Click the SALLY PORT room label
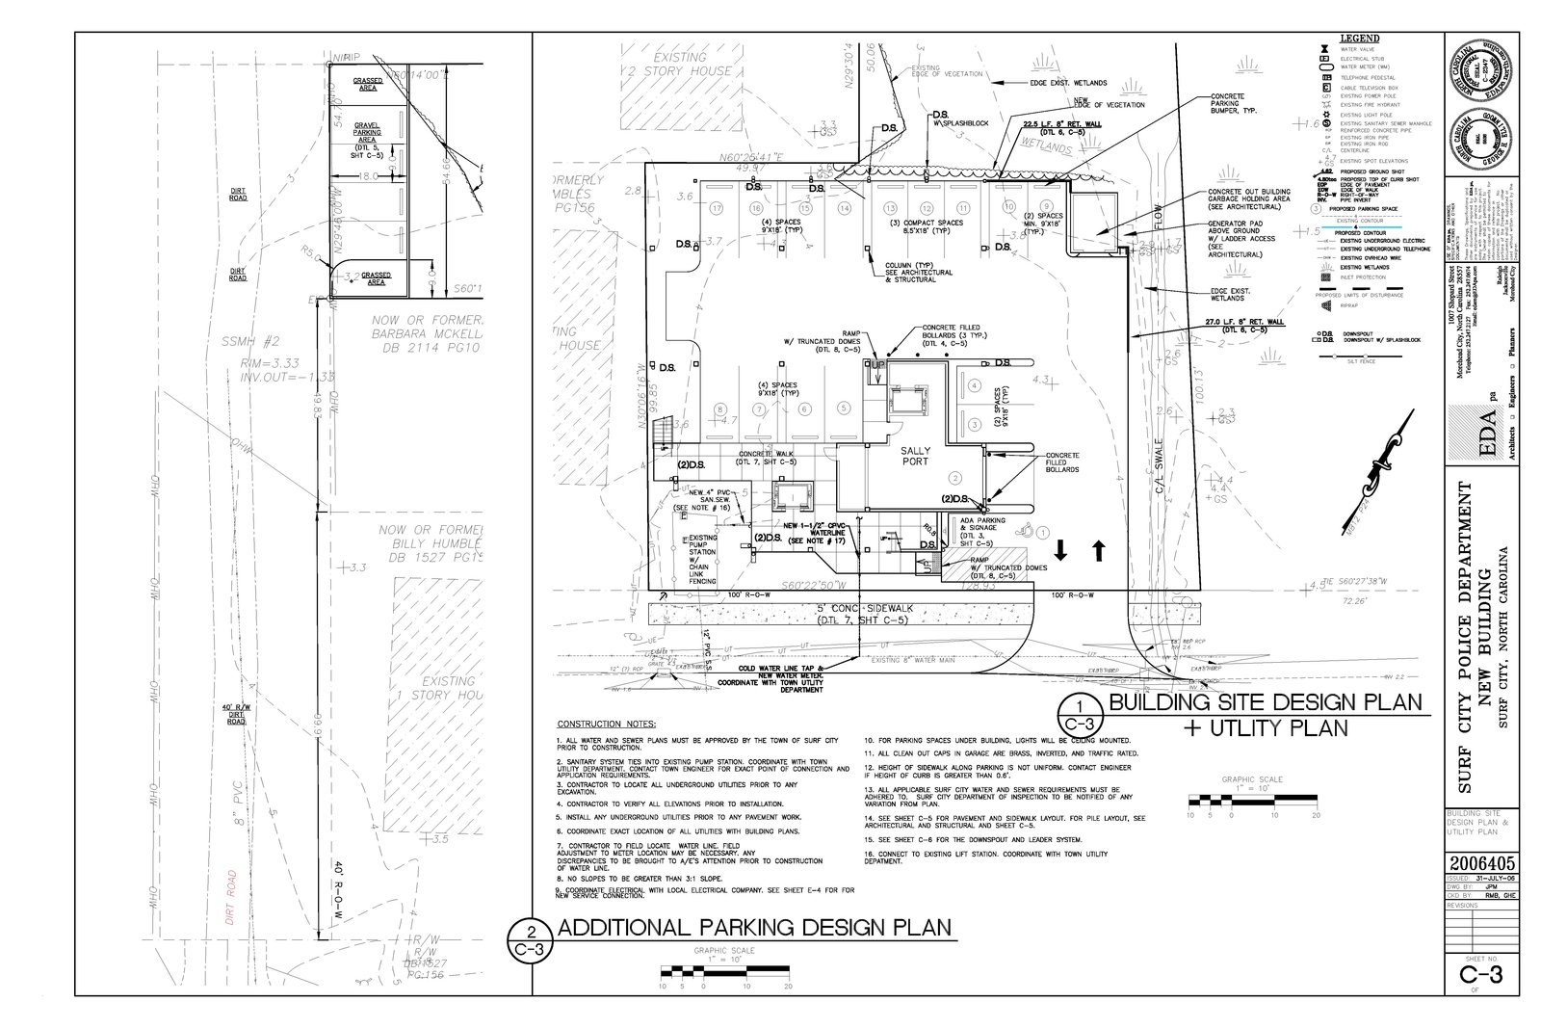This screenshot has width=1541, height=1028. pos(914,456)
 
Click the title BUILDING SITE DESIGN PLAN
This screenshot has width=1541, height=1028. pos(1266,702)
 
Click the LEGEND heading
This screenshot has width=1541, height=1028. pos(1359,38)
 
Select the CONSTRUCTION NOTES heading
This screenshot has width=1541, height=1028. pos(607,724)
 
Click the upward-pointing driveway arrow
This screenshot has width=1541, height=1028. pos(1099,550)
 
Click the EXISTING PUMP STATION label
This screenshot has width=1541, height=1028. pos(701,560)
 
